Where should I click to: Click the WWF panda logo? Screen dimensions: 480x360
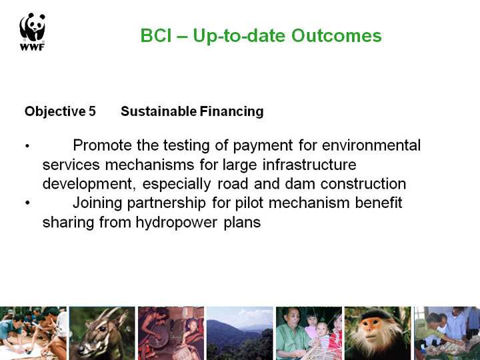pyautogui.click(x=33, y=31)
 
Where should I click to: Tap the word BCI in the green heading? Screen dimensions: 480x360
pyautogui.click(x=156, y=35)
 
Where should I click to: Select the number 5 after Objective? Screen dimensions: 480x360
pyautogui.click(x=92, y=111)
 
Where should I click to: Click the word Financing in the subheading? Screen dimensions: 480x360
pyautogui.click(x=231, y=111)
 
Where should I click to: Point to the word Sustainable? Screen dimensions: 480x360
pyautogui.click(x=159, y=111)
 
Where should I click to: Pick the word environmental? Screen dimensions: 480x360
pyautogui.click(x=371, y=145)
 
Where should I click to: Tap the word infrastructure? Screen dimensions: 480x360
pyautogui.click(x=309, y=165)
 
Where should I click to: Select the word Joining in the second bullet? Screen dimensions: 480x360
pyautogui.click(x=97, y=203)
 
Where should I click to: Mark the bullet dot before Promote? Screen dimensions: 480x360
pyautogui.click(x=27, y=146)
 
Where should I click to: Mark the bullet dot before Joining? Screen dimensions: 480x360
pyautogui.click(x=27, y=203)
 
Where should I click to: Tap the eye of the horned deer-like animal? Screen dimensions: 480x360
pyautogui.click(x=103, y=329)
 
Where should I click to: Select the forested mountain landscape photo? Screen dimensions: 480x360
pyautogui.click(x=240, y=333)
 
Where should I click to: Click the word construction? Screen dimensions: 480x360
pyautogui.click(x=363, y=184)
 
